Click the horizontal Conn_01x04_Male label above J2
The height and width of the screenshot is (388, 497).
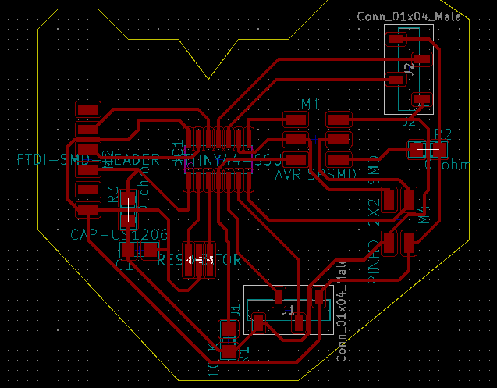(x=409, y=16)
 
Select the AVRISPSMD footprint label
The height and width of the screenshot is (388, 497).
(x=321, y=176)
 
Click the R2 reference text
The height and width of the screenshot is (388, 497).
(x=442, y=133)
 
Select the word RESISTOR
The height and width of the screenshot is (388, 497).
(x=199, y=260)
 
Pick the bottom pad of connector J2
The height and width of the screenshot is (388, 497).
(x=422, y=98)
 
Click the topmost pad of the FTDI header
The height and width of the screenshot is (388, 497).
(x=88, y=109)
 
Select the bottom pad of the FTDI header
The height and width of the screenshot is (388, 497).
(x=88, y=210)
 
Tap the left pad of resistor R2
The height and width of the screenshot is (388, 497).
(x=416, y=148)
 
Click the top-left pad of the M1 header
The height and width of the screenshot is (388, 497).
(x=295, y=119)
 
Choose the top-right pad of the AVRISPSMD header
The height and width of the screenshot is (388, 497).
(x=339, y=119)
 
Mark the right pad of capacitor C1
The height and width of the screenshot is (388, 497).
(x=150, y=250)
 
